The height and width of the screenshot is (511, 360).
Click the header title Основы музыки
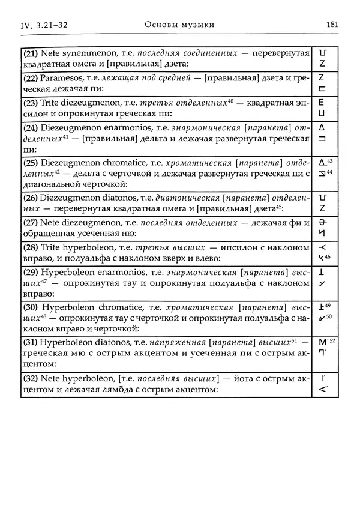click(x=179, y=25)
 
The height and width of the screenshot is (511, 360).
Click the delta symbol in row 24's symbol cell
click(x=321, y=128)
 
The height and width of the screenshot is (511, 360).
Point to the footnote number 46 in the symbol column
click(x=328, y=257)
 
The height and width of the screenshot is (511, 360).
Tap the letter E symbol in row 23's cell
click(x=322, y=103)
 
